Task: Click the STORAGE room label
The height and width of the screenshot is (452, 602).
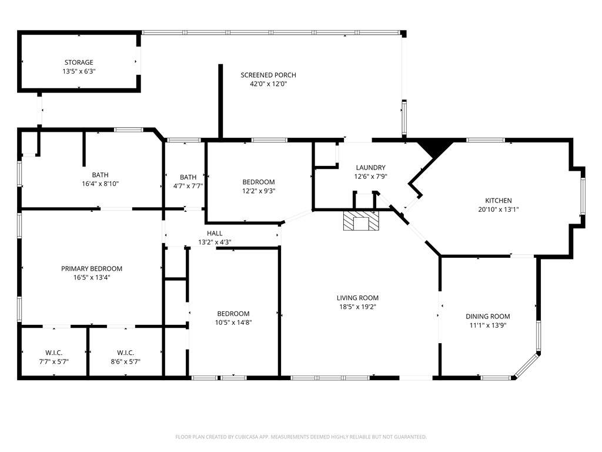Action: [79, 62]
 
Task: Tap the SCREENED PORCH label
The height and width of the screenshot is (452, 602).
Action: [268, 75]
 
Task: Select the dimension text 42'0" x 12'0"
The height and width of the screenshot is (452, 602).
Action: [268, 84]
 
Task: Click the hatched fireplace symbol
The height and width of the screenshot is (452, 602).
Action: [361, 221]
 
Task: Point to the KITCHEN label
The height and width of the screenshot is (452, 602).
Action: [499, 201]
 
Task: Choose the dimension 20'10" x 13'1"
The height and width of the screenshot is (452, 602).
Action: [499, 210]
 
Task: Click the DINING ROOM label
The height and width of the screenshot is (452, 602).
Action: [487, 316]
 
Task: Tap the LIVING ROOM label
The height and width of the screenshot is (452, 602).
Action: [357, 298]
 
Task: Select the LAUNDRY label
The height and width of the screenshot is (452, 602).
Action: [370, 168]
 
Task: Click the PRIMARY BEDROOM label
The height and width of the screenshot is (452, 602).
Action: [92, 268]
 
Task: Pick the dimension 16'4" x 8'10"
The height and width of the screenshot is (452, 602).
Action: [100, 184]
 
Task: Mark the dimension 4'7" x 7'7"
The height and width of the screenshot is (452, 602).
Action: [188, 186]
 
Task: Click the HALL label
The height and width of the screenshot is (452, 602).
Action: [215, 233]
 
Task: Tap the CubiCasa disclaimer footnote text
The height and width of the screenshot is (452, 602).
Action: [301, 437]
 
